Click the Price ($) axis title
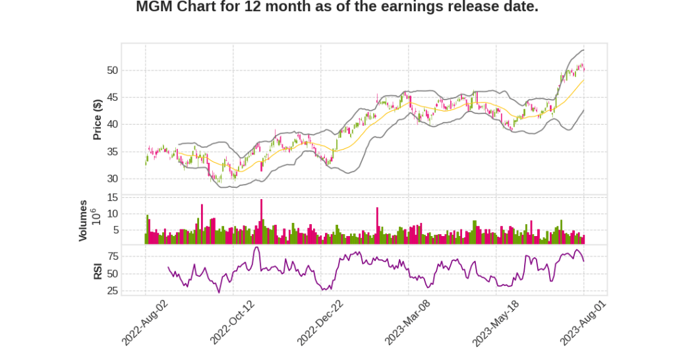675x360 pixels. [97, 119]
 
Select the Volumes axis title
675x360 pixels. [84, 220]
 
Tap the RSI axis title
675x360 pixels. [97, 271]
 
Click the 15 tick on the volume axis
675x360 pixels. [111, 197]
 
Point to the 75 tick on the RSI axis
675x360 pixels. [111, 256]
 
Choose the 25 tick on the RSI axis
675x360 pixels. [111, 291]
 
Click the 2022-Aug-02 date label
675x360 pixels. [144, 322]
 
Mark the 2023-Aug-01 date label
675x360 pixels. [583, 322]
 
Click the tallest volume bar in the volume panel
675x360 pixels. [261, 222]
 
